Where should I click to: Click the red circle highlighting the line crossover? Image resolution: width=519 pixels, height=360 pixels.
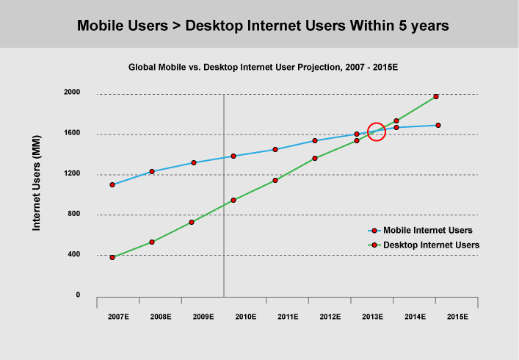point(376,132)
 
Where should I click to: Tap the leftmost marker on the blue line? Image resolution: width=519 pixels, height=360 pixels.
point(112,184)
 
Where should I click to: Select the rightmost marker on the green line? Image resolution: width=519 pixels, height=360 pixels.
point(436,96)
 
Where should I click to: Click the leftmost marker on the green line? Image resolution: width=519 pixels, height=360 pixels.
point(112,257)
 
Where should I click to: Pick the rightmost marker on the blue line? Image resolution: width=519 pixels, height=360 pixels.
point(438,125)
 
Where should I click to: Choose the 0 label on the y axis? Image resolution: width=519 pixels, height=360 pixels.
point(78,295)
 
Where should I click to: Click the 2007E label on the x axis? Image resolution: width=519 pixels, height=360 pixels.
point(118,317)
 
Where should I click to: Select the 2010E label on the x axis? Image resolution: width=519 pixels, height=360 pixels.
point(245,317)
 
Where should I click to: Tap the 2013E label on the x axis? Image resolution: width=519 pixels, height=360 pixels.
point(372,317)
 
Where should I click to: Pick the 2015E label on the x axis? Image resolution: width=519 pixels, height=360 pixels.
point(457,317)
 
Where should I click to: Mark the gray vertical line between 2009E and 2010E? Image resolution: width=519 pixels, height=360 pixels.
point(223,220)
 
